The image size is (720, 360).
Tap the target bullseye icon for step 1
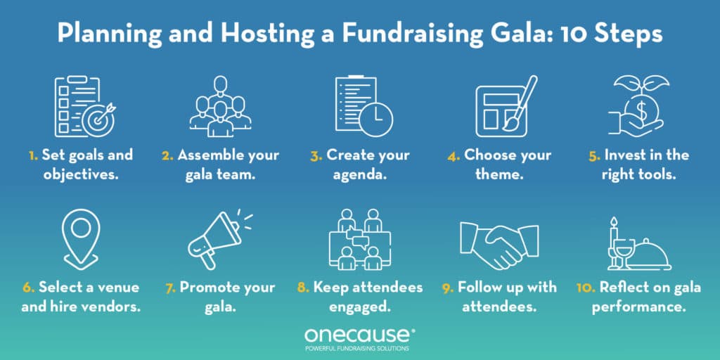click(x=98, y=120)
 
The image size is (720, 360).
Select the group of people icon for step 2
click(x=220, y=108)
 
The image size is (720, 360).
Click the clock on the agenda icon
click(x=376, y=118)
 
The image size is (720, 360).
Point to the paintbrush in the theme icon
click(x=521, y=102)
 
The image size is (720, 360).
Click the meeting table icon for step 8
click(x=359, y=240)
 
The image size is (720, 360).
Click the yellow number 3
click(x=316, y=155)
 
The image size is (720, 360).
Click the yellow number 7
click(x=171, y=287)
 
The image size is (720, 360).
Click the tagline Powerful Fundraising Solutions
click(x=359, y=349)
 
